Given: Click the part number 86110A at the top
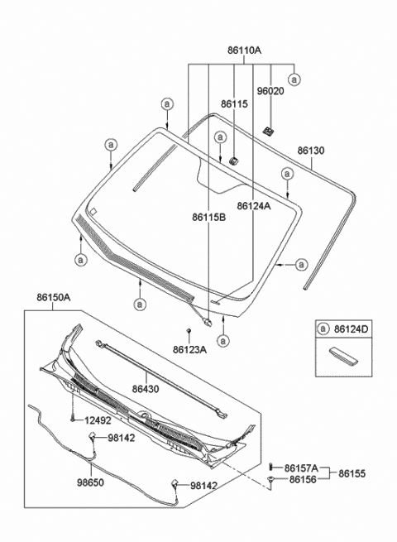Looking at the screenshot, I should [240, 50].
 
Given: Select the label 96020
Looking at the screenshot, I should [270, 92].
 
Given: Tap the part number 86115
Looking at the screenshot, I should [233, 104].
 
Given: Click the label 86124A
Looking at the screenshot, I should [253, 205].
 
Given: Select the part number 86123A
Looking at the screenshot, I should [189, 350].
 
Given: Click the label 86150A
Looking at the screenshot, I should [53, 296].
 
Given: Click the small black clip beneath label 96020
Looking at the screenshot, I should [269, 130].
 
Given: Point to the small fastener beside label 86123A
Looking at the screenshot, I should [189, 331].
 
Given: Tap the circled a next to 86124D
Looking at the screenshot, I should [324, 330].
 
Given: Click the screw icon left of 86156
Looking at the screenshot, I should [272, 481].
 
